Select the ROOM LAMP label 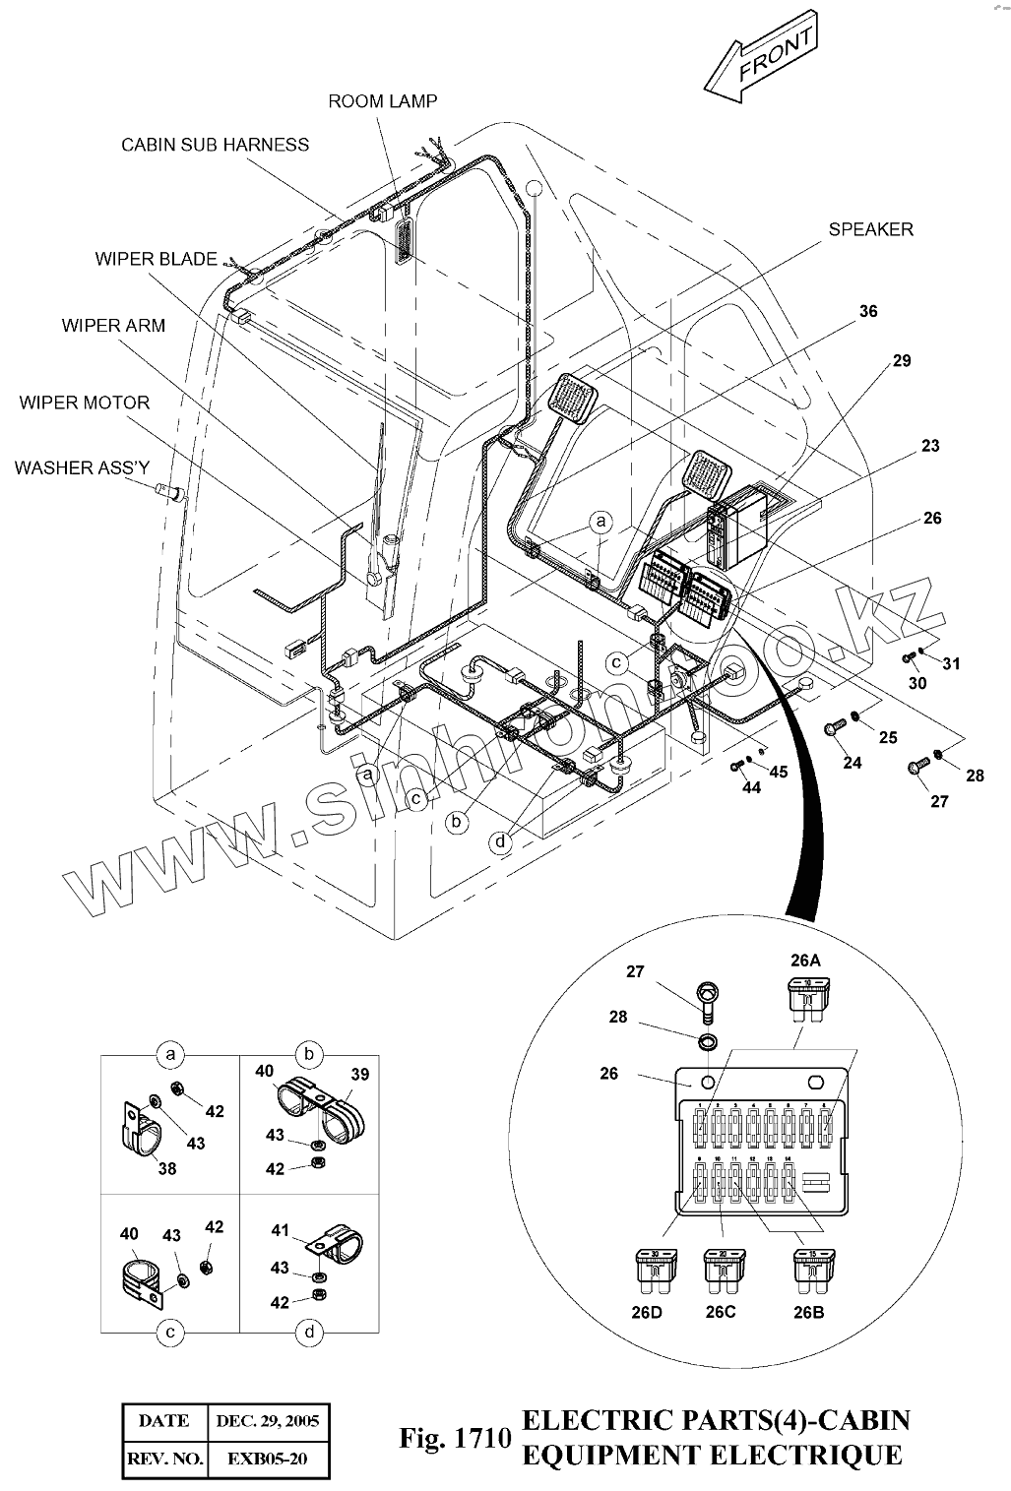383,100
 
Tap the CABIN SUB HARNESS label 215,145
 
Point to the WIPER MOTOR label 85,403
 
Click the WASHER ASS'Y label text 82,467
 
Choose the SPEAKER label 870,229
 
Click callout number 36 867,312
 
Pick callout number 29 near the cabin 902,361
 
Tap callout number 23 930,446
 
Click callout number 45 778,773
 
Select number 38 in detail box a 167,1168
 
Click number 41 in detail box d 280,1229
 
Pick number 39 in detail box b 360,1074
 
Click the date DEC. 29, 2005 267,1421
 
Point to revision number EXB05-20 267,1459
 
